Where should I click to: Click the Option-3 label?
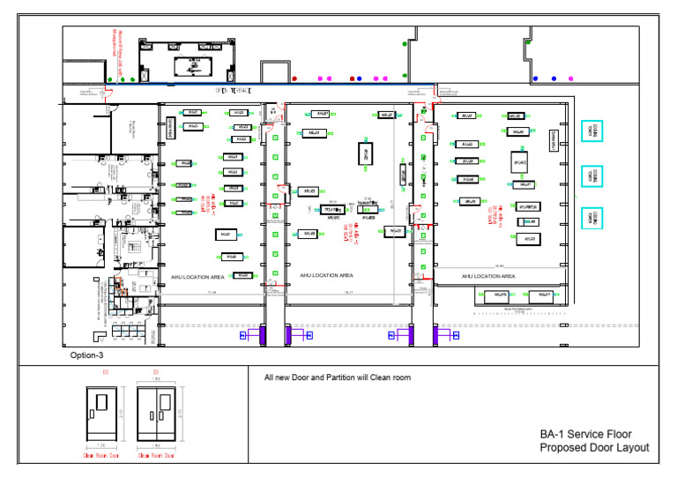point(88,355)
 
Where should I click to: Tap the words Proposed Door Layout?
point(594,448)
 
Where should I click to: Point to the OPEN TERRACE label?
point(234,91)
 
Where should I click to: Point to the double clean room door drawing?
point(155,418)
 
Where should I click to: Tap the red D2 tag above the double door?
point(155,374)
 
